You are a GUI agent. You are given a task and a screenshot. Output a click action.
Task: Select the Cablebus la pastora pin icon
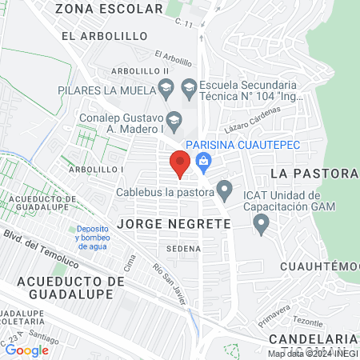(x=225, y=191)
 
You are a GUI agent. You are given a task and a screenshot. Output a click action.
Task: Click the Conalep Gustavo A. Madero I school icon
(x=174, y=119)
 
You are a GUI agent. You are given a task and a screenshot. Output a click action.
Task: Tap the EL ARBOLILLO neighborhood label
(x=105, y=37)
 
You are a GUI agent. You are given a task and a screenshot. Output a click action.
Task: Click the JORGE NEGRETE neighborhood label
(x=174, y=224)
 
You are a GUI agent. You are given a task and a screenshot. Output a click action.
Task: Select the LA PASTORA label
(x=312, y=174)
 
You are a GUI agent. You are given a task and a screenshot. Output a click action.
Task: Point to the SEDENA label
(x=184, y=249)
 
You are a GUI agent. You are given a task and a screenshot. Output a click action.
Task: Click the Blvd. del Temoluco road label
(x=40, y=248)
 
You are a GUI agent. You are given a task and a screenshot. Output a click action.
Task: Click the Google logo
(x=26, y=350)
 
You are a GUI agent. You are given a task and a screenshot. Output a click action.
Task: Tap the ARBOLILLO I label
(x=95, y=170)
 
